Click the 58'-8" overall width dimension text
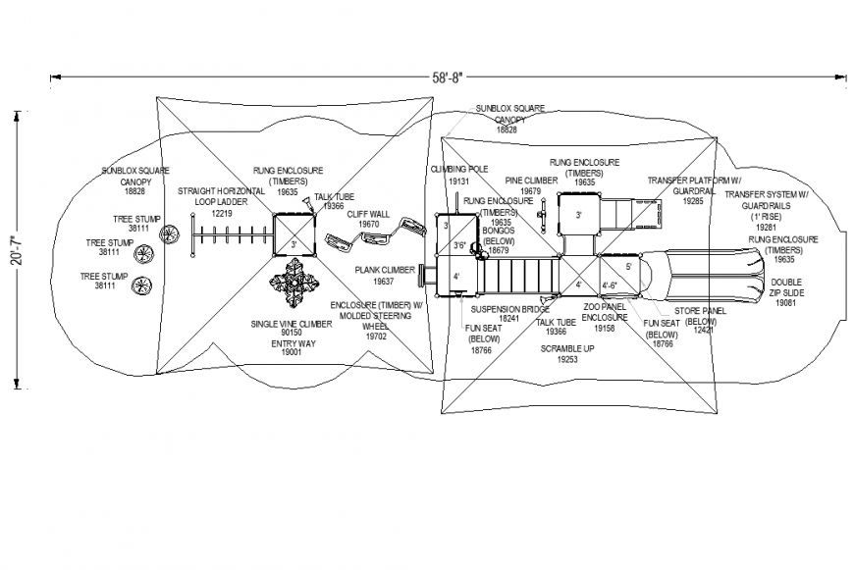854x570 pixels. [445, 75]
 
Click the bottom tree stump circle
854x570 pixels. [143, 287]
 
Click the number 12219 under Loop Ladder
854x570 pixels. [222, 213]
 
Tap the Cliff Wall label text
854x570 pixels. [368, 214]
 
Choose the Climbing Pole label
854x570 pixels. [458, 169]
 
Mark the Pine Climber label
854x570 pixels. [531, 181]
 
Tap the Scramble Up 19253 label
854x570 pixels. [566, 354]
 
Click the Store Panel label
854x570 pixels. [699, 311]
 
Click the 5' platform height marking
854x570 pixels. [628, 266]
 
